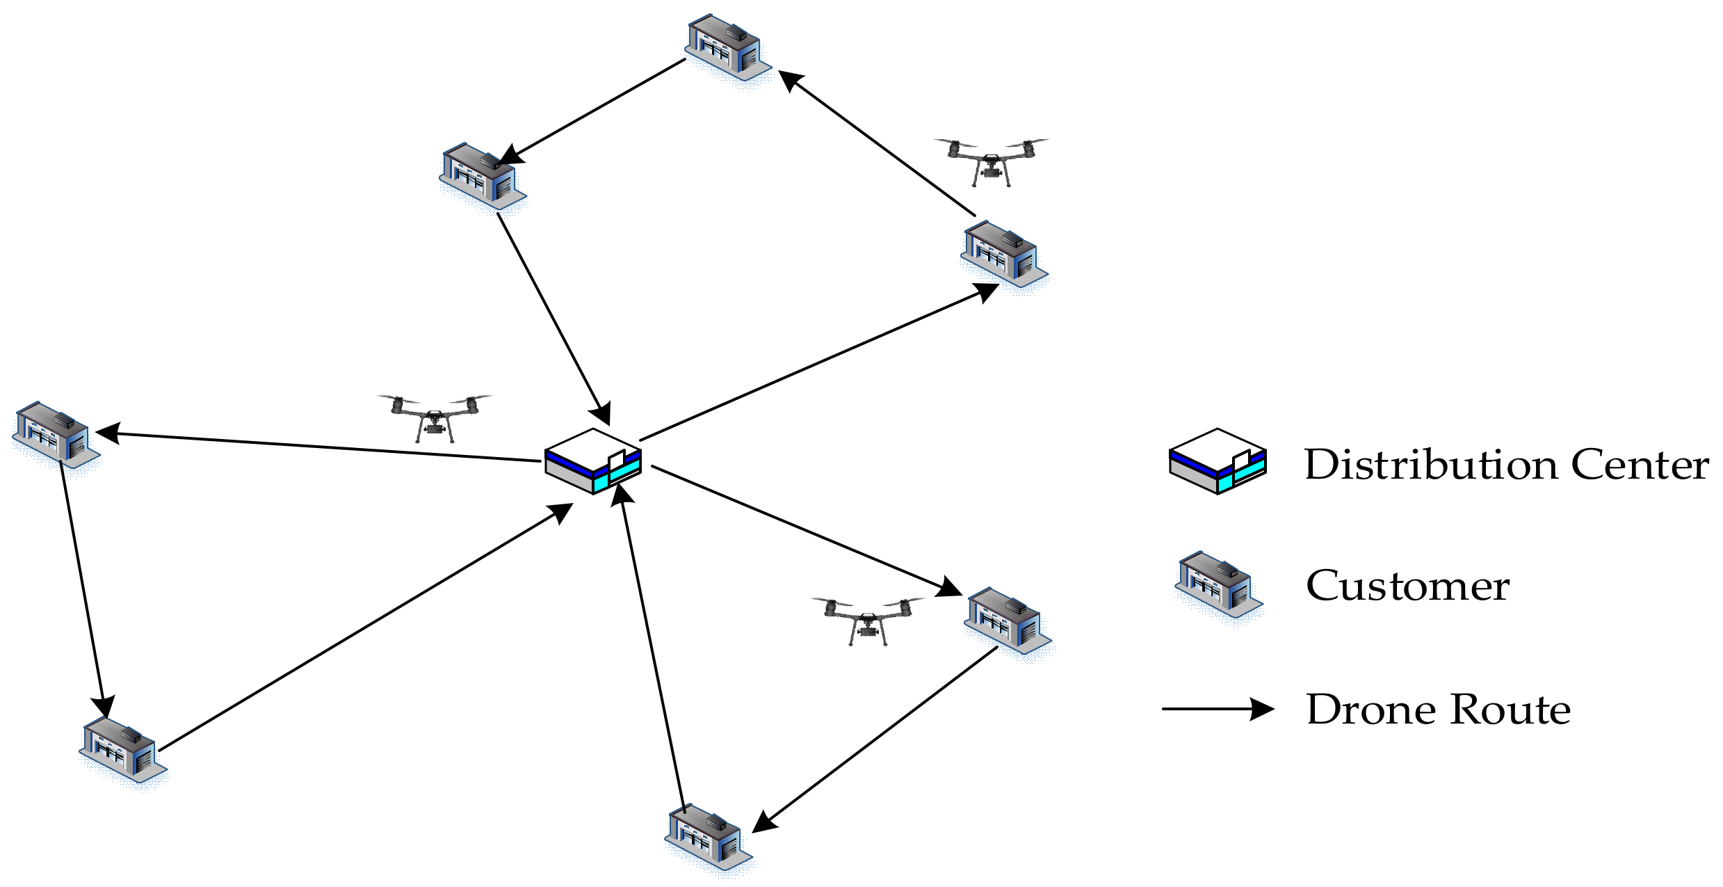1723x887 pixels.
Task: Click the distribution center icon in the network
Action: [x=593, y=461]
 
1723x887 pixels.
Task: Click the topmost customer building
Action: [x=727, y=47]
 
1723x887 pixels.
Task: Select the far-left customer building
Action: [x=56, y=434]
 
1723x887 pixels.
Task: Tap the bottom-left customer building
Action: [x=122, y=751]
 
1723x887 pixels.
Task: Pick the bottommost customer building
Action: [x=708, y=838]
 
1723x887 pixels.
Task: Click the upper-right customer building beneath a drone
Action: [x=1003, y=254]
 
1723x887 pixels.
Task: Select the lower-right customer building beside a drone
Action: [x=1007, y=621]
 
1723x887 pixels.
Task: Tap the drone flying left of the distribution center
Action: [x=435, y=418]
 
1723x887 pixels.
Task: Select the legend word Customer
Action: [x=1407, y=586]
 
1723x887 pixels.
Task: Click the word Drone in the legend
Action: [x=1370, y=710]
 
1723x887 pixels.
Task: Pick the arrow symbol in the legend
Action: [x=1218, y=709]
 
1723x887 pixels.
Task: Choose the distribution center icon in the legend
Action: [x=1218, y=461]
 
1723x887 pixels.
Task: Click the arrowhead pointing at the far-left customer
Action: [x=108, y=433]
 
